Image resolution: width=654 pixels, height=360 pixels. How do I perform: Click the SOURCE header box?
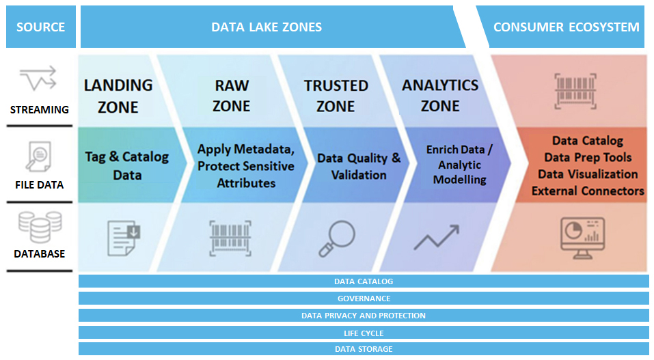click(41, 27)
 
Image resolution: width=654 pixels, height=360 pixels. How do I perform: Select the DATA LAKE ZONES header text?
click(267, 27)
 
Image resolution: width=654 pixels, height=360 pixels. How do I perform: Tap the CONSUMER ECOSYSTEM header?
click(566, 27)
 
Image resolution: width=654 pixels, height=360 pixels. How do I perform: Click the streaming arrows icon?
click(38, 78)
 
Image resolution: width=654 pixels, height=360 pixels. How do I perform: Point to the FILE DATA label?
click(39, 185)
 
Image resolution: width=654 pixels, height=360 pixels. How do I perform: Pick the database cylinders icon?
click(40, 227)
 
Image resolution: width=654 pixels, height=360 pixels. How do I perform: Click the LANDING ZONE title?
click(118, 96)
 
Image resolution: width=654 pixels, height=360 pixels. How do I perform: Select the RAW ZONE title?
click(232, 96)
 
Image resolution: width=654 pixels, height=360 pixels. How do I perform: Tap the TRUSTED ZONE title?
click(336, 96)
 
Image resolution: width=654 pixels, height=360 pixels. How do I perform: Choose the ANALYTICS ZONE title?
click(440, 96)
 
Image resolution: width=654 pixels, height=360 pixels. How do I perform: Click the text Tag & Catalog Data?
click(127, 165)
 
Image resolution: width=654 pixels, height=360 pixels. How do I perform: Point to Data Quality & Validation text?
click(359, 166)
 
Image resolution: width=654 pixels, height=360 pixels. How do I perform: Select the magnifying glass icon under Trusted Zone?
click(337, 238)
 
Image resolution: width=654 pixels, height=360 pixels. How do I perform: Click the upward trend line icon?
click(437, 237)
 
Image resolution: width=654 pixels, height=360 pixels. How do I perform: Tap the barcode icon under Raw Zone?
click(230, 238)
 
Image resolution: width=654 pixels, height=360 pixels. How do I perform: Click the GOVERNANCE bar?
click(364, 299)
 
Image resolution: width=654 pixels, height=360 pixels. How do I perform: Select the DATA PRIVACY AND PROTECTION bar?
click(364, 316)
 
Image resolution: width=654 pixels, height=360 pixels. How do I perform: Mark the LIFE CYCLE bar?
click(364, 333)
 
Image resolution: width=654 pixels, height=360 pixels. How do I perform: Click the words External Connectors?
click(588, 191)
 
